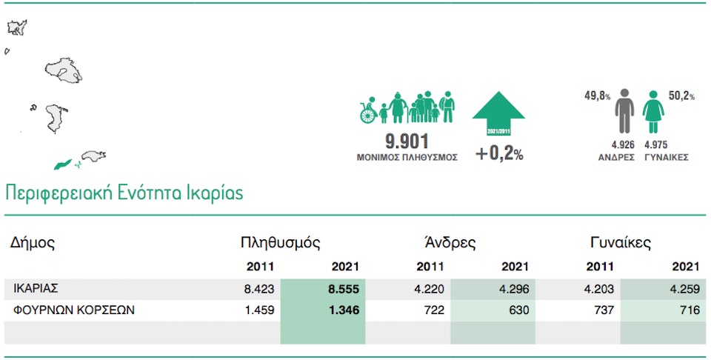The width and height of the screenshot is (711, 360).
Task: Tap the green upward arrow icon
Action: (498, 113)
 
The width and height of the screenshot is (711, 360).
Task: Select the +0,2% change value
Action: (499, 155)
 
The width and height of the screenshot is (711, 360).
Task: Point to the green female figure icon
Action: (655, 112)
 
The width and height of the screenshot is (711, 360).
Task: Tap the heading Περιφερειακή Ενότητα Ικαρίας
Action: (124, 193)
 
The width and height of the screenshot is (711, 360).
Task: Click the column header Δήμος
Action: (33, 242)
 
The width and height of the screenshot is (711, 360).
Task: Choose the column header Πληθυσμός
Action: (280, 242)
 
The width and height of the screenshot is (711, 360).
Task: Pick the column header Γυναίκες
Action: (621, 242)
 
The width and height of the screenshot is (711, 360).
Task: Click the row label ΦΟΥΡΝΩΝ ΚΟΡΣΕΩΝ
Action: (74, 310)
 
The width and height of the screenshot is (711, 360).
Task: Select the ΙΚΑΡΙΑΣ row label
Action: (36, 289)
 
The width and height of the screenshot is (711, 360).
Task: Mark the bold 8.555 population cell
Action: (344, 289)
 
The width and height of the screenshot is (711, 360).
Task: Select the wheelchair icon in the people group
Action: (368, 113)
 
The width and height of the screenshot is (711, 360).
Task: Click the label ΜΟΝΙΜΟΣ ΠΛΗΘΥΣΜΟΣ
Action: (407, 157)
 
